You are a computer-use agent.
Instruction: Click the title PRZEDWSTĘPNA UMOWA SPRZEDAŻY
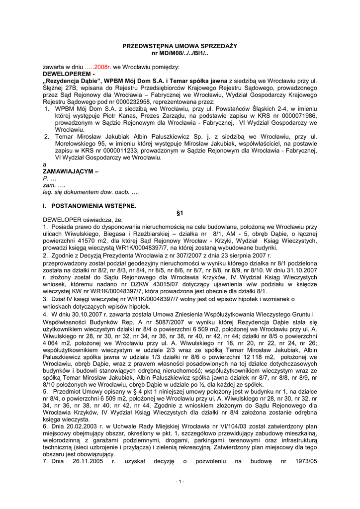click(x=180, y=46)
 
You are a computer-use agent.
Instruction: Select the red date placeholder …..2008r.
click(x=97, y=66)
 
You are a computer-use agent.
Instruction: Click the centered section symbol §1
click(x=180, y=213)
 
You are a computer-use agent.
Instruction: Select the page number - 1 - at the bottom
click(x=180, y=481)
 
